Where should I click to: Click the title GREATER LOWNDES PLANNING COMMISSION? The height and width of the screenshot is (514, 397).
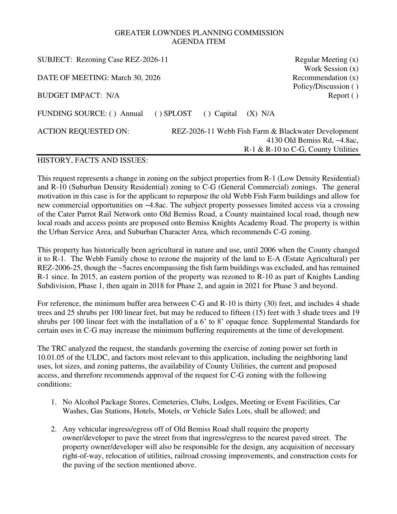(199, 33)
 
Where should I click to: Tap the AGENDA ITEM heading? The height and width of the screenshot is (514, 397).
(198, 41)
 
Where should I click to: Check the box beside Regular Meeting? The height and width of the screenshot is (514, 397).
(354, 59)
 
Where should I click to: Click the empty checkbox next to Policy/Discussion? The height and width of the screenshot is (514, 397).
(355, 87)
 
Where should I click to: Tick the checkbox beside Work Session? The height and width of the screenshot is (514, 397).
(354, 69)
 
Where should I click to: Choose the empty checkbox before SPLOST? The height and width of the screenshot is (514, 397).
(158, 113)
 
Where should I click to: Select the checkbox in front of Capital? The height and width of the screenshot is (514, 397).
(207, 113)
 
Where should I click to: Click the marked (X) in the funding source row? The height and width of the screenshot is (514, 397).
(252, 113)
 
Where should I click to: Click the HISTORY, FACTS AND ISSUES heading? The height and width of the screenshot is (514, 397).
(92, 160)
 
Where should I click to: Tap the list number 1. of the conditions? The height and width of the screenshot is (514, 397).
(54, 402)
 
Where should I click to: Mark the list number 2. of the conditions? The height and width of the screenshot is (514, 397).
(54, 429)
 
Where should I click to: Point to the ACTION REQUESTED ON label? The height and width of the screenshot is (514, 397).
(83, 131)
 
